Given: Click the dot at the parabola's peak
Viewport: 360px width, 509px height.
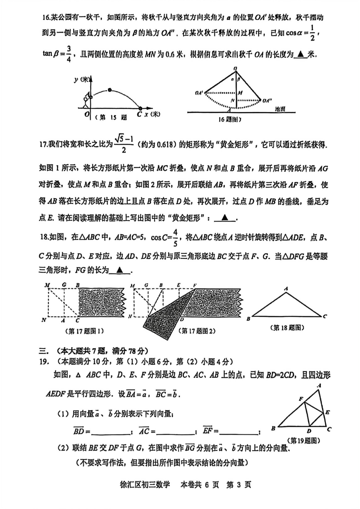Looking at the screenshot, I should (110, 90).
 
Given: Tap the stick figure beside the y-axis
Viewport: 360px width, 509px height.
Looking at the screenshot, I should (86, 101).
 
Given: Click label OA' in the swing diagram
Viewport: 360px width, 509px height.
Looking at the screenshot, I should (199, 93).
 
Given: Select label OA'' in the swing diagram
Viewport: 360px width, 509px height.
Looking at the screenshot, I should (267, 100).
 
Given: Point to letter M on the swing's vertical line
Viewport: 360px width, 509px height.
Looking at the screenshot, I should (240, 93).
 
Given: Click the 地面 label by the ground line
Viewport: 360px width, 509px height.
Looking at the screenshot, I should (280, 109).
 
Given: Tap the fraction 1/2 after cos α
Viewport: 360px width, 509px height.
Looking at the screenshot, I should (312, 33).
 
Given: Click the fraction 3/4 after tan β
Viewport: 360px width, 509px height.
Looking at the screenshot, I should (69, 54).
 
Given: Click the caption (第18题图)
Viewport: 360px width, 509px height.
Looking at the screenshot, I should (287, 328).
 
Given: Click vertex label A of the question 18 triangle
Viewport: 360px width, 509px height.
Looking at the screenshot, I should (286, 289).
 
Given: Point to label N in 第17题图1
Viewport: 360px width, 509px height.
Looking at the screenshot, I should (44, 320).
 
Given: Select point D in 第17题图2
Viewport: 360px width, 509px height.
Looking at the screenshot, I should (182, 319).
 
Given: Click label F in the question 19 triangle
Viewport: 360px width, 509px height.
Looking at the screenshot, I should (301, 399).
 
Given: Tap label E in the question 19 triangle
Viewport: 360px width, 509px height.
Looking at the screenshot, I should (327, 412).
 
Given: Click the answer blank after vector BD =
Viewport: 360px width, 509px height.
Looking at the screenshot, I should (110, 432).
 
